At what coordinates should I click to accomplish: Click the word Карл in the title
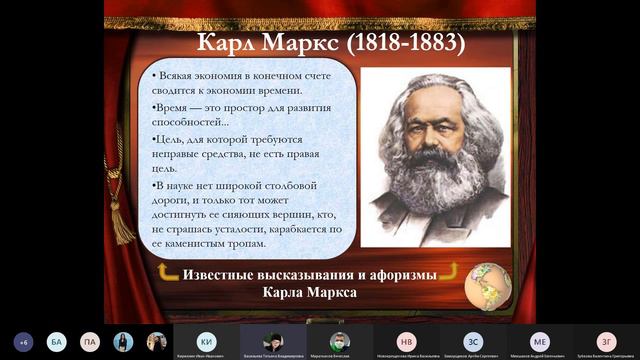(229, 43)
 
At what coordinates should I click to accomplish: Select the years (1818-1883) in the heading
(400, 43)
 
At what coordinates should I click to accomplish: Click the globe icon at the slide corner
(488, 284)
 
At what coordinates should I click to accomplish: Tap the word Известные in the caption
(228, 274)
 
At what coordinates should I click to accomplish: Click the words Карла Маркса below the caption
(309, 293)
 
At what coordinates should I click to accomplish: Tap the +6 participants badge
(24, 341)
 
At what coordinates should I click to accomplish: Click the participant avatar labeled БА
(57, 341)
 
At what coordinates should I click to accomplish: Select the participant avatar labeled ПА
(90, 341)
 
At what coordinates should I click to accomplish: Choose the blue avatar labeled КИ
(206, 340)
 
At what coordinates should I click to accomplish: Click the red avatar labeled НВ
(406, 340)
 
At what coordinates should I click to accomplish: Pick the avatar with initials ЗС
(473, 340)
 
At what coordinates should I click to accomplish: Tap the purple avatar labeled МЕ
(540, 340)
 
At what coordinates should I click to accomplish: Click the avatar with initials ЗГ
(606, 340)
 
